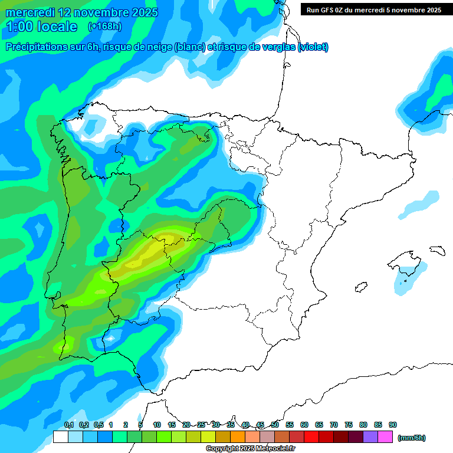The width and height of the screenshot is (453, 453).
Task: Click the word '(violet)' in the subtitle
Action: coord(313,47)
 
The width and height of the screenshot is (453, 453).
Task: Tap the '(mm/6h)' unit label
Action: coord(411,438)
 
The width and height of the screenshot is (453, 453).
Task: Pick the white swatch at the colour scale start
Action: coord(60,436)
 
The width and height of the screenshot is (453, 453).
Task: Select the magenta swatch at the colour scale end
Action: coord(385,436)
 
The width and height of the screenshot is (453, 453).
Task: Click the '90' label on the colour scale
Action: coord(393,425)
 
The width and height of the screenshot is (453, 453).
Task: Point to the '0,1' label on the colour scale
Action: coord(68,425)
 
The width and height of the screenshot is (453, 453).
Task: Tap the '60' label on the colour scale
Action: coord(304,425)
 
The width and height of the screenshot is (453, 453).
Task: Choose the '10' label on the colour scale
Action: coord(157,425)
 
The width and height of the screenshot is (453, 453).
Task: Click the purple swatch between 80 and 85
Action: coord(370,436)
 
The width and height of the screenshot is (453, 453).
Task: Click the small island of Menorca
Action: coord(437,251)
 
